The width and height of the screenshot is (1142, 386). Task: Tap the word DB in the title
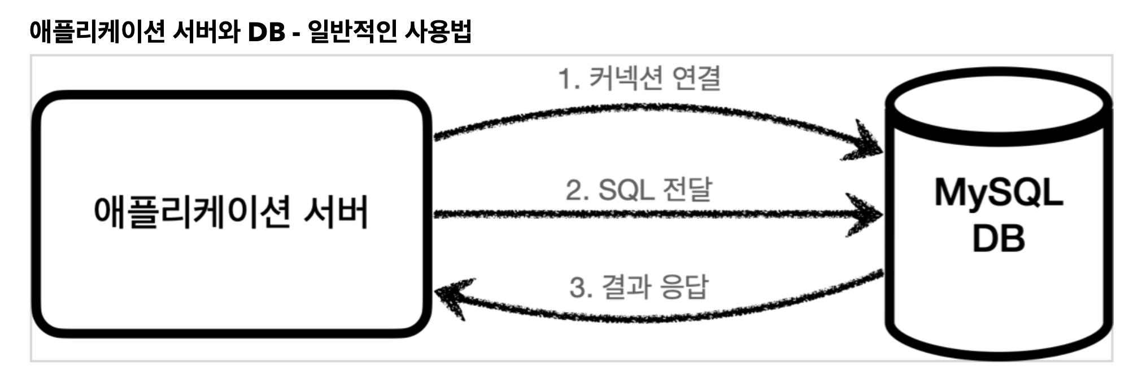(266, 33)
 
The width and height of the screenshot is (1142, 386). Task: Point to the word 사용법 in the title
(438, 32)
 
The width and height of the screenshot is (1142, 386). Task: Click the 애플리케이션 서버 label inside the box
(230, 213)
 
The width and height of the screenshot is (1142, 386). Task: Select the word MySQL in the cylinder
(999, 193)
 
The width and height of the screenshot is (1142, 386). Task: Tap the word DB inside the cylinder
(999, 238)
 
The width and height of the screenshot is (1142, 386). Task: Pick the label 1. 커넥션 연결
(639, 78)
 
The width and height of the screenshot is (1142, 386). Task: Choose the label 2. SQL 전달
(639, 190)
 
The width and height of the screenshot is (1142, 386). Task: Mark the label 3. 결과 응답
(639, 287)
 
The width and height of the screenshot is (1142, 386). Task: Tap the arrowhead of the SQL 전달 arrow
(867, 214)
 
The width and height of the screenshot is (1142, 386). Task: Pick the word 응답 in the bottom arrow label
(685, 287)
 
